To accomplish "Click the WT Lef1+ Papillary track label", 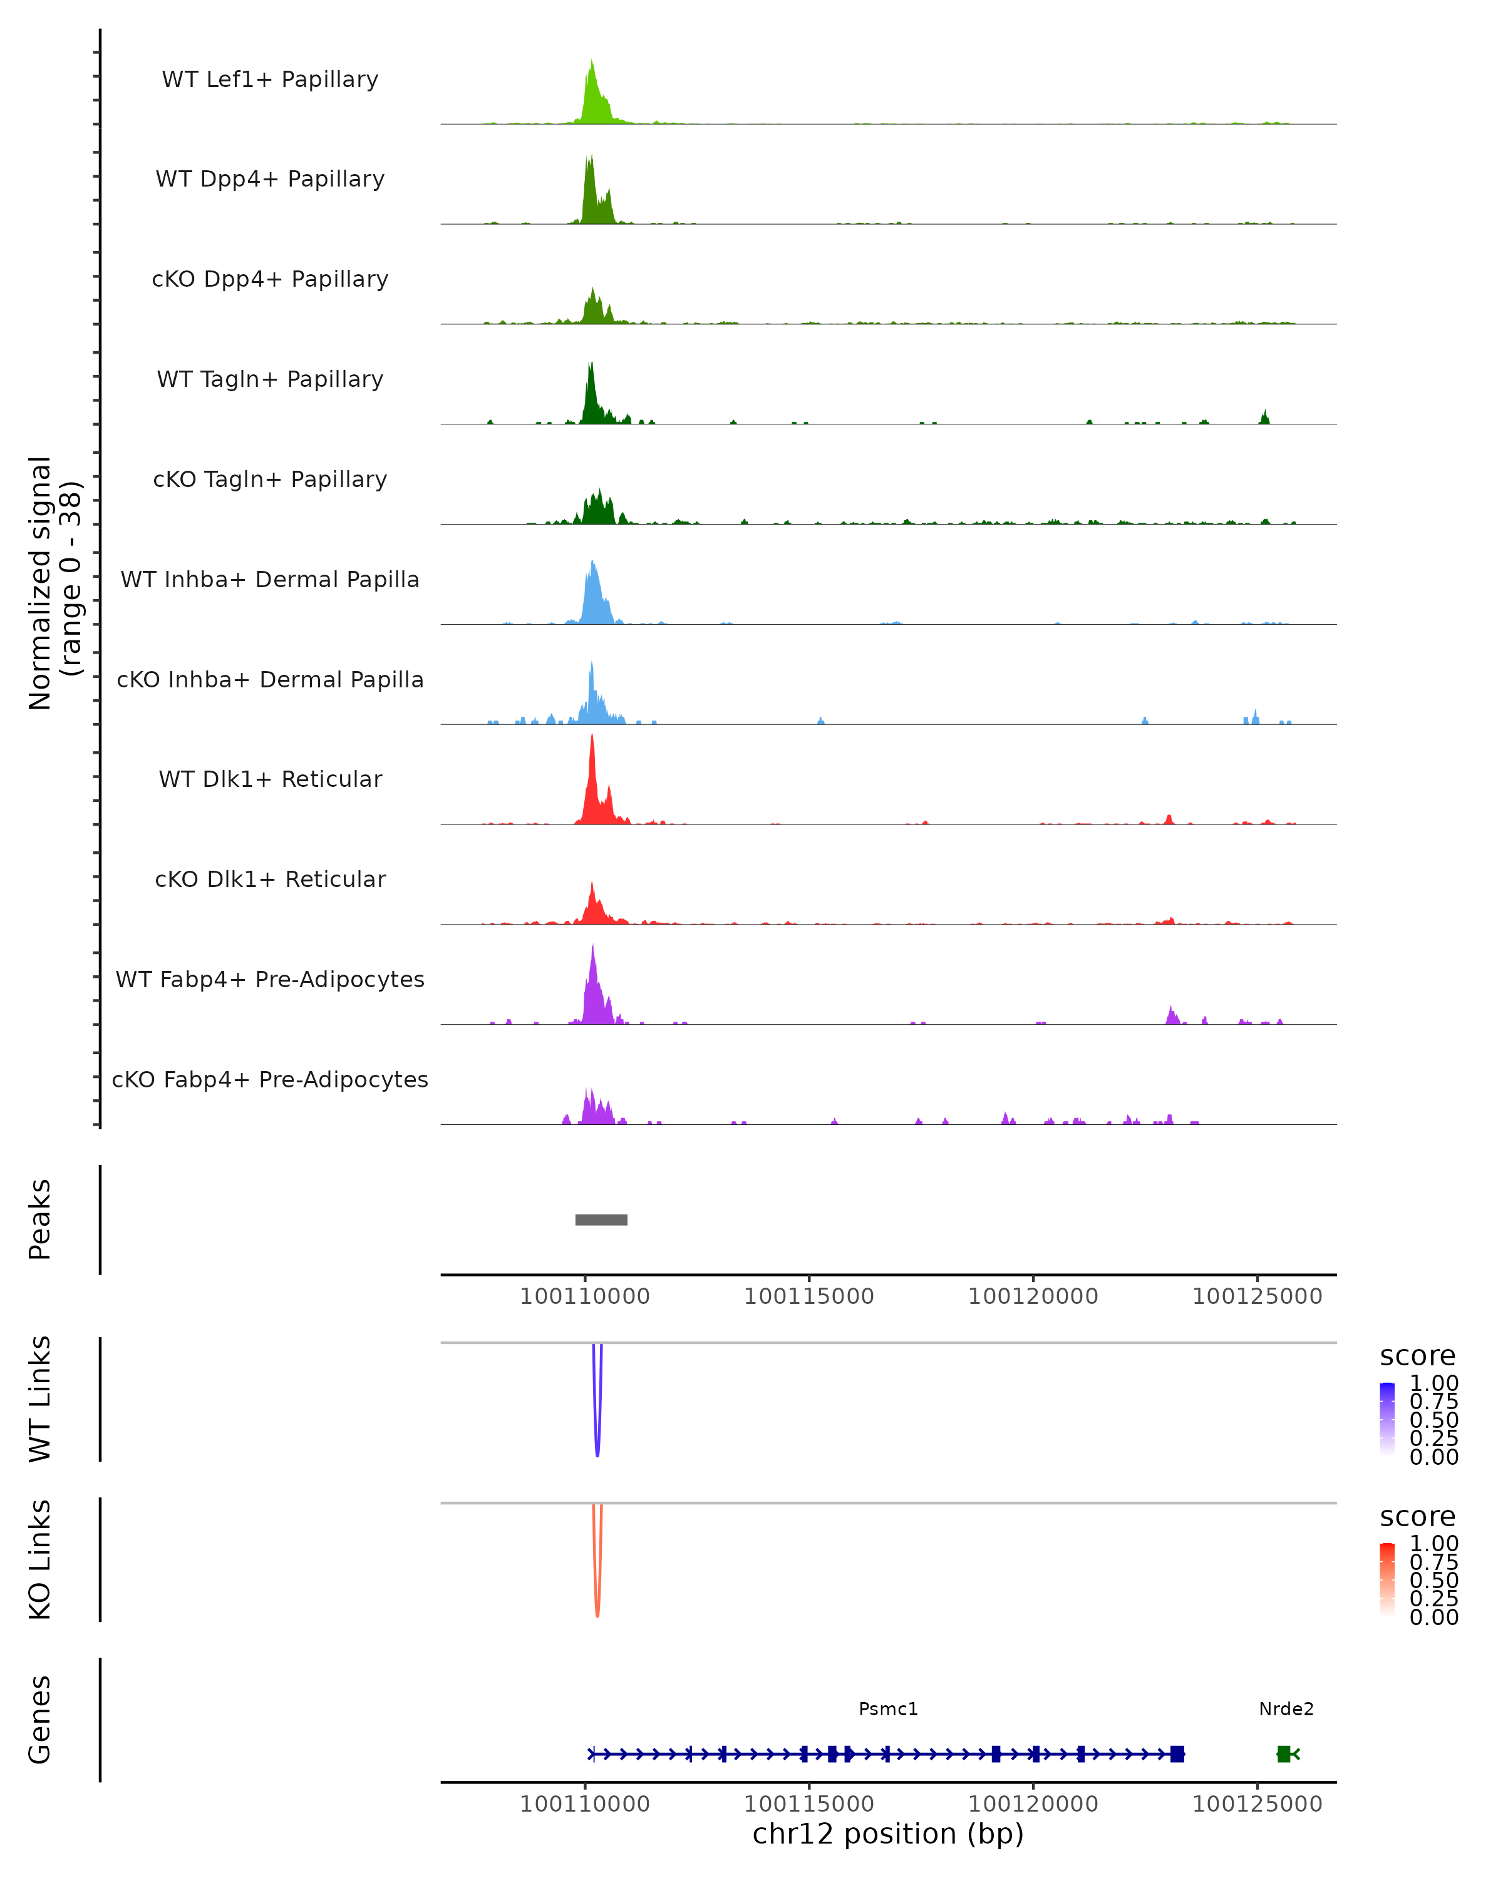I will click(x=270, y=80).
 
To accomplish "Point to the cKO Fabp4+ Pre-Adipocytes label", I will click(x=270, y=1079).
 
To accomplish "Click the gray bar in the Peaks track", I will click(x=601, y=1219).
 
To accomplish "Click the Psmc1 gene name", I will click(x=888, y=1709).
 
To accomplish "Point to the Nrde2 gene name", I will click(x=1286, y=1709).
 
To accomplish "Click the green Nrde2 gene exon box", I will click(x=1283, y=1753).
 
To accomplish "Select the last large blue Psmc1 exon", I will click(x=1177, y=1753).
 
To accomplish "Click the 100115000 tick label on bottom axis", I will click(x=808, y=1804).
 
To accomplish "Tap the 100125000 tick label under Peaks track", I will click(x=1258, y=1296).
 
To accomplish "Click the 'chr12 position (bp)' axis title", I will click(x=888, y=1834).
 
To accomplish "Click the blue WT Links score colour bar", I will click(x=1387, y=1419).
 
